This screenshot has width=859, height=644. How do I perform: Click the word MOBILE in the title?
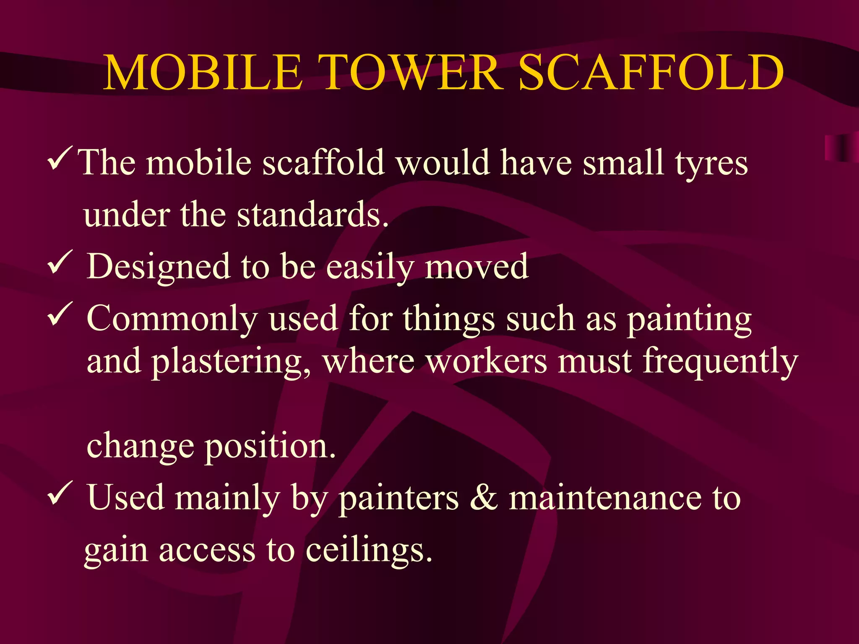(203, 73)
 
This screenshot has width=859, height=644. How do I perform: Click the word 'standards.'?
(312, 215)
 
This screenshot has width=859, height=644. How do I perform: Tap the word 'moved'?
(476, 267)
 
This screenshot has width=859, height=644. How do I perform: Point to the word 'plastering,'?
(231, 361)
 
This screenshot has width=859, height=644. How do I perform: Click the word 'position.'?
(270, 446)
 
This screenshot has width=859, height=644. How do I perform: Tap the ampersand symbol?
(484, 498)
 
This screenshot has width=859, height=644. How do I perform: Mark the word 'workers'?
(487, 361)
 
